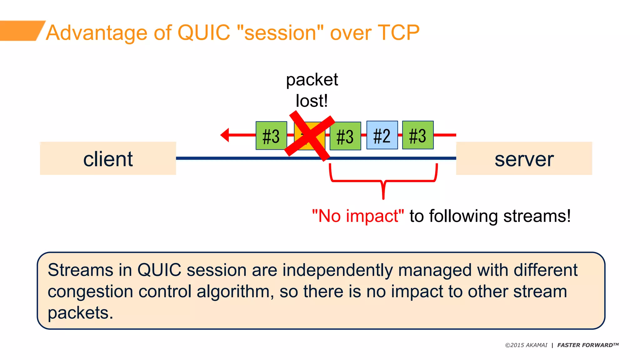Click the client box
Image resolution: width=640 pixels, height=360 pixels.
(108, 158)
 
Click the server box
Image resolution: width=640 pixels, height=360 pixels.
(524, 158)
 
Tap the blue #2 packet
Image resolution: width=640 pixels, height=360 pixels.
(382, 135)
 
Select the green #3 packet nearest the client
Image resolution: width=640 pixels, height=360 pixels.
(271, 136)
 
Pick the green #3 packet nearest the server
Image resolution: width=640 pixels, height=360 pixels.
(417, 135)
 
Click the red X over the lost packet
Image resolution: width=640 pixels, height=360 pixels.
(309, 135)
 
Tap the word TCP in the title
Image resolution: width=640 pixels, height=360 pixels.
(398, 32)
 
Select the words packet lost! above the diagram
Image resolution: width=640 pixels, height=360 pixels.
(312, 90)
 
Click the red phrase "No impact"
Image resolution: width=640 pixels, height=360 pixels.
(358, 216)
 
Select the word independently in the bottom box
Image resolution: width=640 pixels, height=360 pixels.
(338, 270)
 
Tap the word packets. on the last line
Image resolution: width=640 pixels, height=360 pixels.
(80, 312)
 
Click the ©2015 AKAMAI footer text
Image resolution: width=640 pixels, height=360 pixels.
(526, 345)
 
